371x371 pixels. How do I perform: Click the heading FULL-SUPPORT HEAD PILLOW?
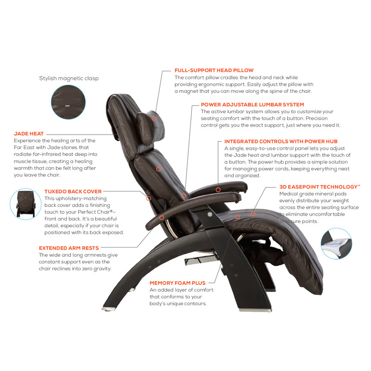point(214,70)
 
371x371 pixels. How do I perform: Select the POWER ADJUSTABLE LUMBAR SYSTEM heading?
point(252,105)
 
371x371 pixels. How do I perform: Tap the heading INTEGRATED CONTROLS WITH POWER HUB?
point(281,141)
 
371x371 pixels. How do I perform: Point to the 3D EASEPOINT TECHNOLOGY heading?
point(320,186)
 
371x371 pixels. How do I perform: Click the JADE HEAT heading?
point(29,134)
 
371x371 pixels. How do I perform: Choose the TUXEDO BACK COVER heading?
point(73,191)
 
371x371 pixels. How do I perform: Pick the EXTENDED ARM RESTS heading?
point(69,248)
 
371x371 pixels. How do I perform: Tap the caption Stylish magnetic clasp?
point(69,78)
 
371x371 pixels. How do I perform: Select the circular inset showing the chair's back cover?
point(26,205)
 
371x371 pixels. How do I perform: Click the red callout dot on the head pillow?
point(154,119)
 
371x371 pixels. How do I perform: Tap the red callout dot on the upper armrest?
point(217,190)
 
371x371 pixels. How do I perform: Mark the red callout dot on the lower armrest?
point(162,217)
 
